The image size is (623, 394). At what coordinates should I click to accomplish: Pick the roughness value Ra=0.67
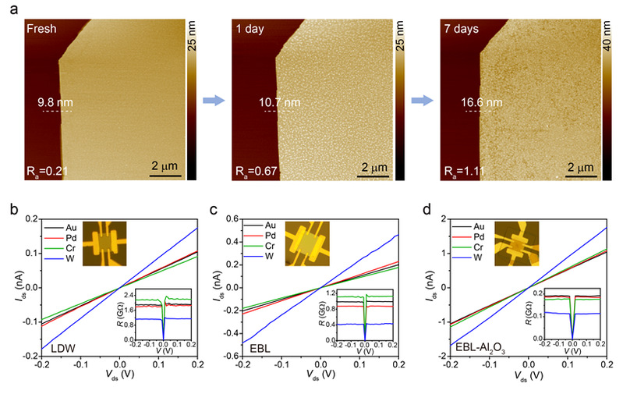pos(256,172)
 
